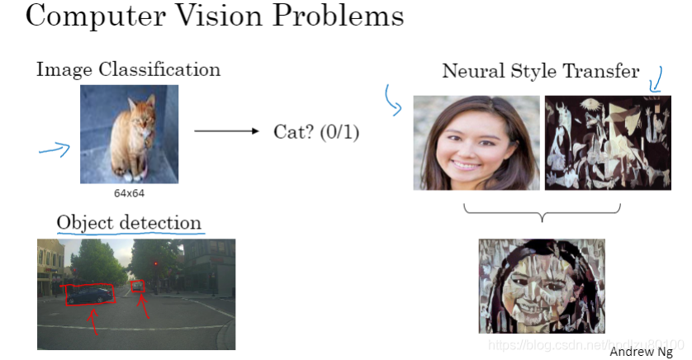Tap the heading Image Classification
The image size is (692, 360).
pos(128,69)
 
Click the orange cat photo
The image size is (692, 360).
pos(129,133)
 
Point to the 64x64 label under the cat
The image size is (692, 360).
pos(130,193)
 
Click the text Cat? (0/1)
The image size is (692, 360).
pos(316,131)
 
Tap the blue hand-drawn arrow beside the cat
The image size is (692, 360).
pos(55,149)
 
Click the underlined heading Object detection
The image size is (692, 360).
pos(129,222)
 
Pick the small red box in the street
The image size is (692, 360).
pos(138,287)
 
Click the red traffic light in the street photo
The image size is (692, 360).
pos(154,263)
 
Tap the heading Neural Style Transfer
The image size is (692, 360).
pos(541,71)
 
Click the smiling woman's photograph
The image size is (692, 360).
pos(476,143)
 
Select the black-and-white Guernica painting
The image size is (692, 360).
pos(607,143)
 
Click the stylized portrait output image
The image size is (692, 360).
pos(541,286)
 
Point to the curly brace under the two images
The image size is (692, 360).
pos(543,214)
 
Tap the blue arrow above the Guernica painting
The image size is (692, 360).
pos(656,79)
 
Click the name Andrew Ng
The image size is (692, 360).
pos(641,351)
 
